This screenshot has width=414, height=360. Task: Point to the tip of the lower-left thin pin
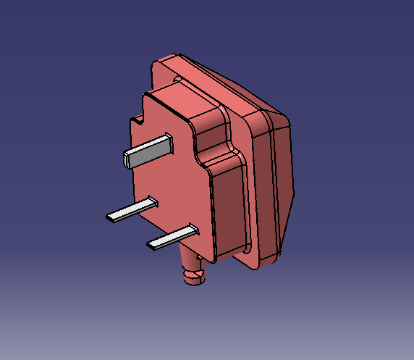pyautogui.click(x=109, y=217)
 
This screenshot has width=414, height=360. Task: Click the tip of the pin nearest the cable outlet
pyautogui.click(x=151, y=245)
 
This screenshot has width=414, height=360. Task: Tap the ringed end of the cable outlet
pyautogui.click(x=193, y=279)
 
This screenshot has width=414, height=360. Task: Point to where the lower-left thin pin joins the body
pyautogui.click(x=153, y=202)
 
